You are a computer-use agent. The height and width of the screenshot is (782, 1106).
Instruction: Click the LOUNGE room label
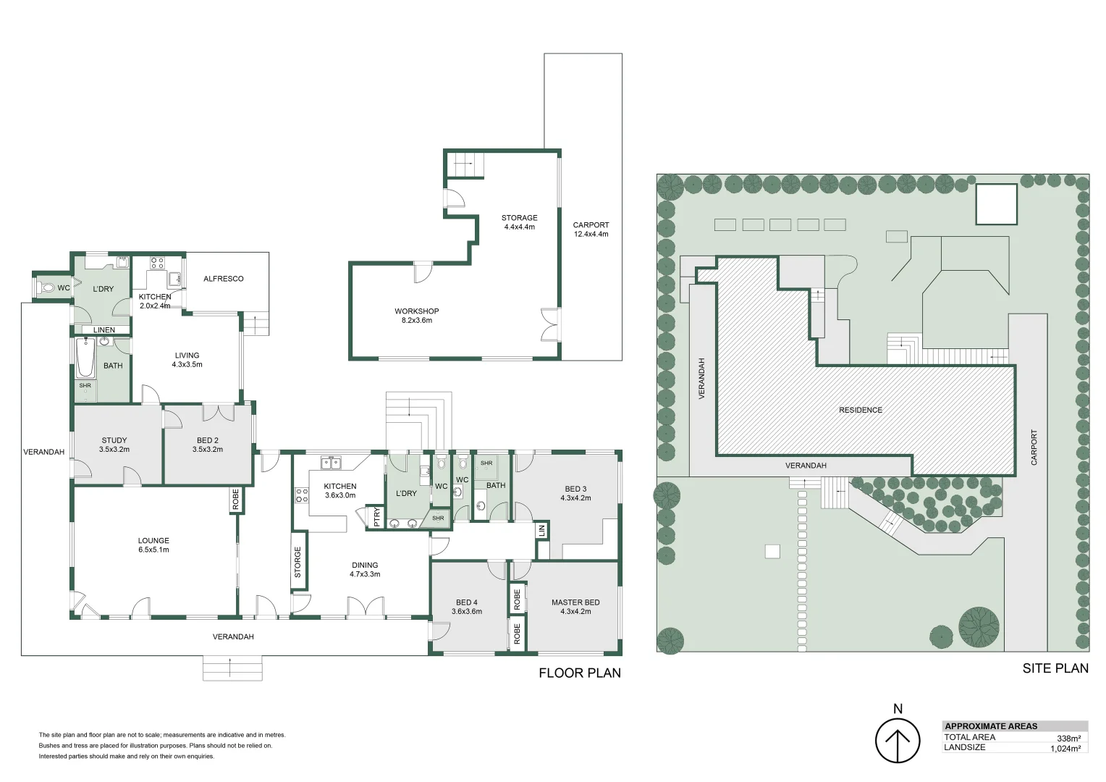tap(153, 540)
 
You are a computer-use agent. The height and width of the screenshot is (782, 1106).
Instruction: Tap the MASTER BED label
tap(575, 602)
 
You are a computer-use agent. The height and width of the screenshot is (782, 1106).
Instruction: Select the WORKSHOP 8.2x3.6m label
tap(417, 316)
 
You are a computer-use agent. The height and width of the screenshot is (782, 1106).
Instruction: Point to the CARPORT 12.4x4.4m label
tap(591, 230)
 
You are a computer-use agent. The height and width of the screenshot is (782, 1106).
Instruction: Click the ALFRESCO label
tap(223, 279)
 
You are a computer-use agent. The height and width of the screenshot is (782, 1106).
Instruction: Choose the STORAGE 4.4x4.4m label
tap(520, 222)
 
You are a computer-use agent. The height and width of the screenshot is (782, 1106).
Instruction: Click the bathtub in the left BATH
tap(85, 358)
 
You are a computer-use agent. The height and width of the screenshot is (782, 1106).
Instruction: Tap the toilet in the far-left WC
tap(48, 287)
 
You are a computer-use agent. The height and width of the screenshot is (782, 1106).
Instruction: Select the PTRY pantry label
tap(377, 517)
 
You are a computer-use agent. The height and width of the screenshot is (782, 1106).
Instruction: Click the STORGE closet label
tap(297, 562)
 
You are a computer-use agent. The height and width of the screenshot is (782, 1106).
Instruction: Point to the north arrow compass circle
tap(898, 741)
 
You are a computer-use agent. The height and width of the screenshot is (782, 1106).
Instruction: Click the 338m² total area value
tap(1069, 739)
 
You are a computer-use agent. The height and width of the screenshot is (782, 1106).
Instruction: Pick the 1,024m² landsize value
tap(1065, 749)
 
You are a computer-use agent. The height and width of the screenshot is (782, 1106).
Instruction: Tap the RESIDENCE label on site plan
tap(861, 410)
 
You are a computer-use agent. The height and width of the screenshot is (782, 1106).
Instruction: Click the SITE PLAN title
tap(1055, 668)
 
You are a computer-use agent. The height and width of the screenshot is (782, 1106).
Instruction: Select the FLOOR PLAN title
tap(580, 673)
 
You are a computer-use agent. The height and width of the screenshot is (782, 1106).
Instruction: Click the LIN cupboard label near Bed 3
tap(542, 531)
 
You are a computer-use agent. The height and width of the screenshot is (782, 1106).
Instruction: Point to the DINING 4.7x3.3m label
tap(365, 570)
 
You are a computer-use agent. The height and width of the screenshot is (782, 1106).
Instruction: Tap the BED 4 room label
tap(467, 602)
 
